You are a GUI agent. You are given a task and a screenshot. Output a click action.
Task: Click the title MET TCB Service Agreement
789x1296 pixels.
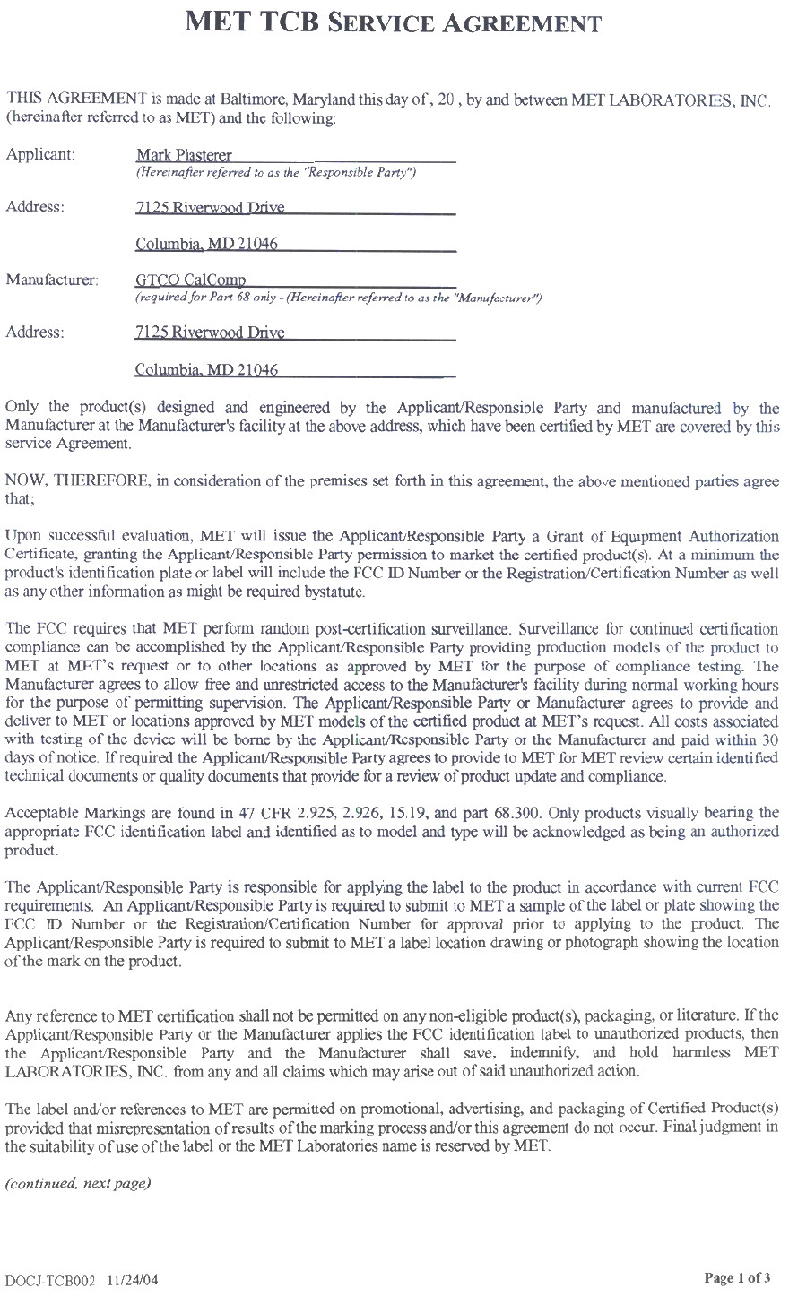(393, 22)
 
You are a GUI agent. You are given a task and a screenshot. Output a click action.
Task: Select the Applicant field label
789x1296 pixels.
(40, 154)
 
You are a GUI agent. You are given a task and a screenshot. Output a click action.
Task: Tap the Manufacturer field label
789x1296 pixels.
(52, 280)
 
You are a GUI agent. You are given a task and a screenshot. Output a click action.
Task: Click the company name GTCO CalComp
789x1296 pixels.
(190, 280)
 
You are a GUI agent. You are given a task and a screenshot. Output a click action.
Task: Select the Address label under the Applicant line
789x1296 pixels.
(35, 207)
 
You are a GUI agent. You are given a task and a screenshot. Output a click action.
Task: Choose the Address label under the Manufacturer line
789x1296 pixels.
(35, 333)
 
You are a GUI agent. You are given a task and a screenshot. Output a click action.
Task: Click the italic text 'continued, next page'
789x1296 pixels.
(77, 1184)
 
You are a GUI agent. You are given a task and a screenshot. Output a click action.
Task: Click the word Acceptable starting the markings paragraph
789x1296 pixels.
(40, 814)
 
